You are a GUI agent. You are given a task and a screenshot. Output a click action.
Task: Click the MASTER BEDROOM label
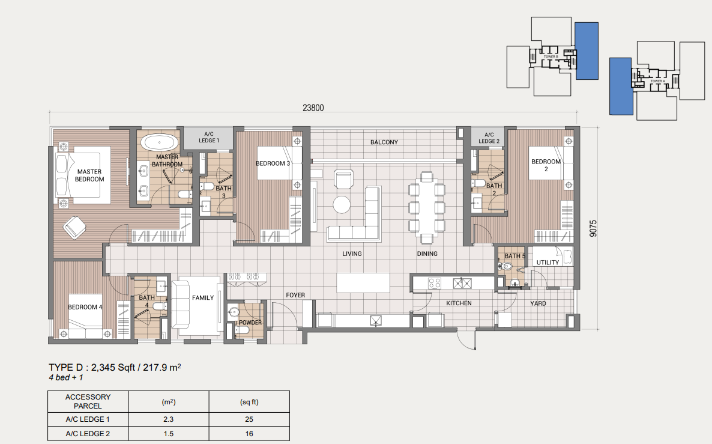90,175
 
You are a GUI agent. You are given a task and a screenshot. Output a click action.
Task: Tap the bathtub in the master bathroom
160,144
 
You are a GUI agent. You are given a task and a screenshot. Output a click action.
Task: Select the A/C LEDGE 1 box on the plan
208,137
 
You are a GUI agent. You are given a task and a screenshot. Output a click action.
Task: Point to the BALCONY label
384,142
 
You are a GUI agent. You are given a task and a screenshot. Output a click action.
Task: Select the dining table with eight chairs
426,208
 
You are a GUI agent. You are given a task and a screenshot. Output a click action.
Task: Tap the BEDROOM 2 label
545,165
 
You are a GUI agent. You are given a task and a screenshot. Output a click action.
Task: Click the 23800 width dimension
313,108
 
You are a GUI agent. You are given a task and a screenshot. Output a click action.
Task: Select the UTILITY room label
548,263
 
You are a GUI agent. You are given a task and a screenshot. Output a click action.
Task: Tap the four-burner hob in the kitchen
434,282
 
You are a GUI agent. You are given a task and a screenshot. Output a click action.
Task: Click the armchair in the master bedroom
76,227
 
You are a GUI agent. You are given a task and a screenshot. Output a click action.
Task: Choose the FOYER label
295,295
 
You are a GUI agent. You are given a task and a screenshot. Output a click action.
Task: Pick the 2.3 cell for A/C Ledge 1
169,419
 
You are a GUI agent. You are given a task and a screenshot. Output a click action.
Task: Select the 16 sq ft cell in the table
249,434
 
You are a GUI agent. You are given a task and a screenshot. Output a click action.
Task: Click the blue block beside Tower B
587,51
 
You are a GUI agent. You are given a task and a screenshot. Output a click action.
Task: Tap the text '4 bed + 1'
67,379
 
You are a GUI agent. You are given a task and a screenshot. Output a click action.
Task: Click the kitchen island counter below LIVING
363,282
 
